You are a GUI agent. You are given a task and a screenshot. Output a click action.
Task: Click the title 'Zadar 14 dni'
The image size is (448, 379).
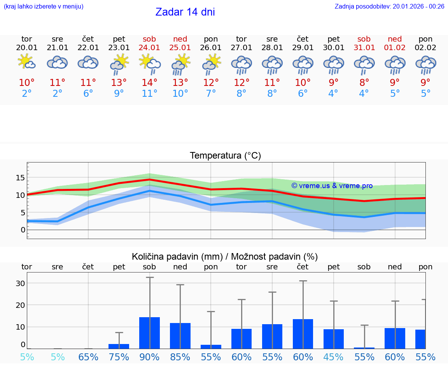185,12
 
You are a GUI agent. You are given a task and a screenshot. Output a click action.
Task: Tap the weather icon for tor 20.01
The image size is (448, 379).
27,62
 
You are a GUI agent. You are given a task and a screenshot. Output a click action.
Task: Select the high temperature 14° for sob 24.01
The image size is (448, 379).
150,82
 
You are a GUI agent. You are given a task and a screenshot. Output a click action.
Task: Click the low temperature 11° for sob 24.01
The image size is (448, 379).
150,93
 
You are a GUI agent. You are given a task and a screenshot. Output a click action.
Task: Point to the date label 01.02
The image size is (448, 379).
395,47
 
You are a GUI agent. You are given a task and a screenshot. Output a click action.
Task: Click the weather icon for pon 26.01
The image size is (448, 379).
211,63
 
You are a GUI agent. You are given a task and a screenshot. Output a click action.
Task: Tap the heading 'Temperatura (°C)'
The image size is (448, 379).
225,155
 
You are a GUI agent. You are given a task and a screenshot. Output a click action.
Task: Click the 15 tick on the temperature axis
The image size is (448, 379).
20,178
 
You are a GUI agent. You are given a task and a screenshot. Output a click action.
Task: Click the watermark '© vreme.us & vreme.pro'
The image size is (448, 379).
332,186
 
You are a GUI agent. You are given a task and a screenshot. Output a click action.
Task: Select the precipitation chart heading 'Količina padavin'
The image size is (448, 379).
225,257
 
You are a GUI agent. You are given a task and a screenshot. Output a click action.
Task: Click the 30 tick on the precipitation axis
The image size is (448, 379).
20,283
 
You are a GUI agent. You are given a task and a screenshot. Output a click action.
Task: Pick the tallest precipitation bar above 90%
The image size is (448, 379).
150,333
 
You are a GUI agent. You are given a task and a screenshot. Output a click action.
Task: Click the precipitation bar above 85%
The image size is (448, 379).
180,336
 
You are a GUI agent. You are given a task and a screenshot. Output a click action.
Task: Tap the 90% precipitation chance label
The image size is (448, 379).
150,357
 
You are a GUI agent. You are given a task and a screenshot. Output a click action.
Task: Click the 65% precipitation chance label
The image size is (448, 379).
88,357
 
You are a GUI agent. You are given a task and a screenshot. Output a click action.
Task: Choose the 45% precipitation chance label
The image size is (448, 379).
334,357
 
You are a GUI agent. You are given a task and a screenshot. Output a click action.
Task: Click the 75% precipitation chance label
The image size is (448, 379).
119,357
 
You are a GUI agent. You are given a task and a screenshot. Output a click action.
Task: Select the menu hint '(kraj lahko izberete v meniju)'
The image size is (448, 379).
44,6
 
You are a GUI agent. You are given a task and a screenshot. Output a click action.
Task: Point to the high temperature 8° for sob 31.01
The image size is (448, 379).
364,82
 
